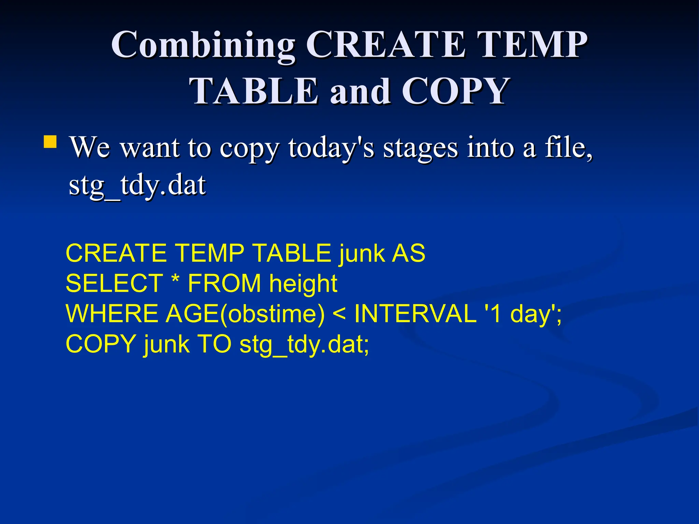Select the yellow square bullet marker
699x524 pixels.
(50, 142)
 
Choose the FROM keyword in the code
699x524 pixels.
(224, 283)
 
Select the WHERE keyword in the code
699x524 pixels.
(112, 314)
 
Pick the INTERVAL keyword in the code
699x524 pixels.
(415, 314)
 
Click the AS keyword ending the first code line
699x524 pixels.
(408, 253)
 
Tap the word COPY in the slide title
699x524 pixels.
(455, 91)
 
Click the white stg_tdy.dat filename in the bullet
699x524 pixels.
(137, 186)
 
